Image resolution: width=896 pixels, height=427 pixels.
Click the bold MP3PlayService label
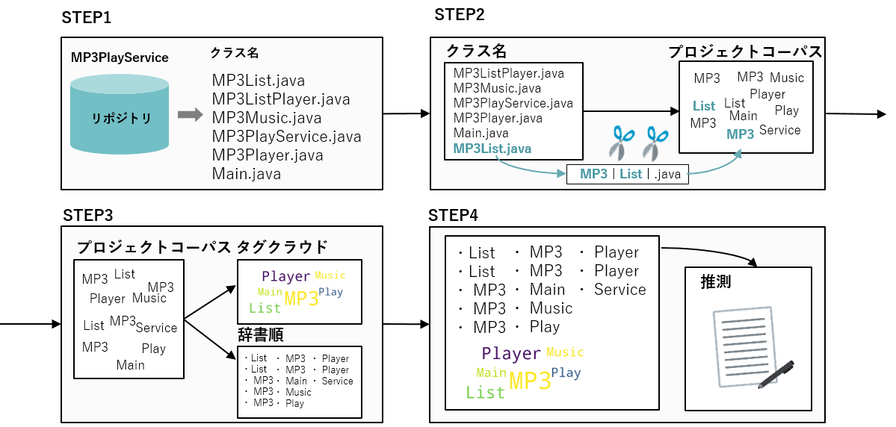[120, 57]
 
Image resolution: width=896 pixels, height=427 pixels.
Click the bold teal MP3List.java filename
[492, 149]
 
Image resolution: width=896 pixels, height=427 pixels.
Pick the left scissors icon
[621, 143]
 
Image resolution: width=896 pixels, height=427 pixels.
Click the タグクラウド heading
[282, 247]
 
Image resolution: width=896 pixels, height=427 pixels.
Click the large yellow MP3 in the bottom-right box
[530, 381]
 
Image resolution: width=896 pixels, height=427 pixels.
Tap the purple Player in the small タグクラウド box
[285, 276]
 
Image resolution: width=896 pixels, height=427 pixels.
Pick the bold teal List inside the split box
[631, 174]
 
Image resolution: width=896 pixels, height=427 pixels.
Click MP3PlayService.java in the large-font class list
[286, 137]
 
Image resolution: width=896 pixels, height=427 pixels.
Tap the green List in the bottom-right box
[485, 393]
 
